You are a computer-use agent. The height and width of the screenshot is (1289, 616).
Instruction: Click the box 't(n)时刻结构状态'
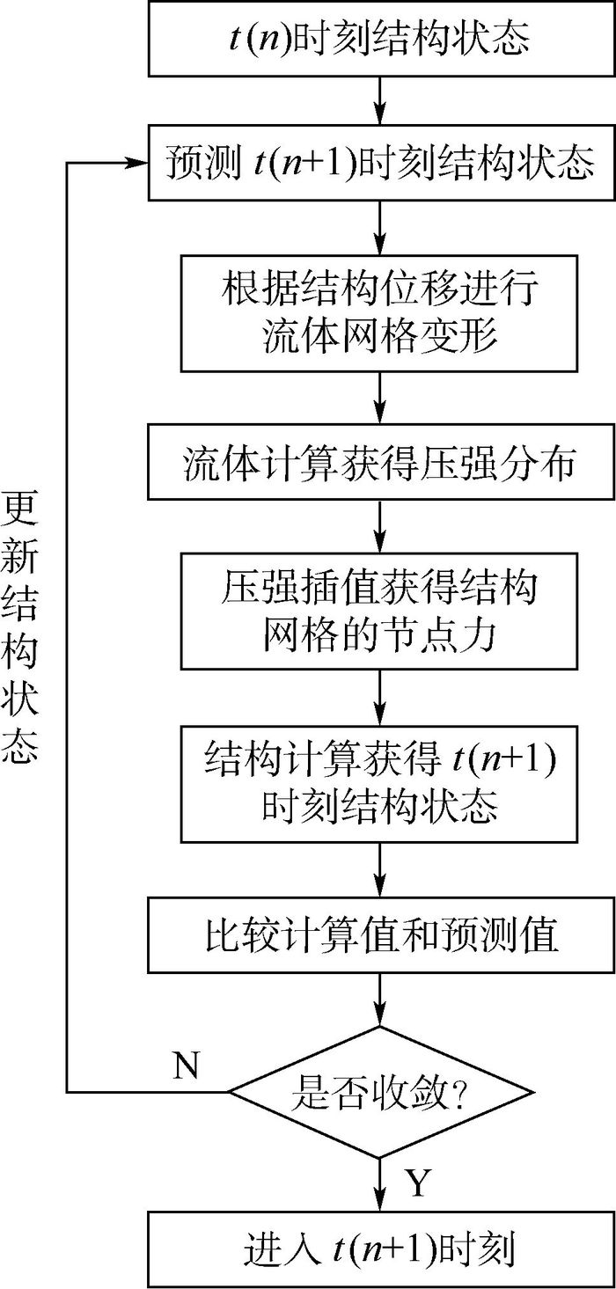(x=380, y=39)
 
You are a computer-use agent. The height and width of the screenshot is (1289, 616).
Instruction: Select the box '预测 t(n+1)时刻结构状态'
(x=380, y=164)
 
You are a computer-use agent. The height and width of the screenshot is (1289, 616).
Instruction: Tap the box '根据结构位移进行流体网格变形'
(x=380, y=313)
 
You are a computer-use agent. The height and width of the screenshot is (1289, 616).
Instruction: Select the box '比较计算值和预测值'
(x=380, y=935)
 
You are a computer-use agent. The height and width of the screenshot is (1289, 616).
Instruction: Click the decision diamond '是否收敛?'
(x=380, y=1092)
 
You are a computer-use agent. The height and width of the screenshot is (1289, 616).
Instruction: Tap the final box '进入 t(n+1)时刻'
(x=380, y=1249)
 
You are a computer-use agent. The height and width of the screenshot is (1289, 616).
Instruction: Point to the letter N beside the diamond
(x=186, y=1066)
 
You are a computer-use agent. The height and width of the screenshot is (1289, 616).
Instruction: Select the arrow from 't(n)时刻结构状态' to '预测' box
(x=380, y=102)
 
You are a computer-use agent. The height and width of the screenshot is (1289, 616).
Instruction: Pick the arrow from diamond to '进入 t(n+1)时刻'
(x=380, y=1184)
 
